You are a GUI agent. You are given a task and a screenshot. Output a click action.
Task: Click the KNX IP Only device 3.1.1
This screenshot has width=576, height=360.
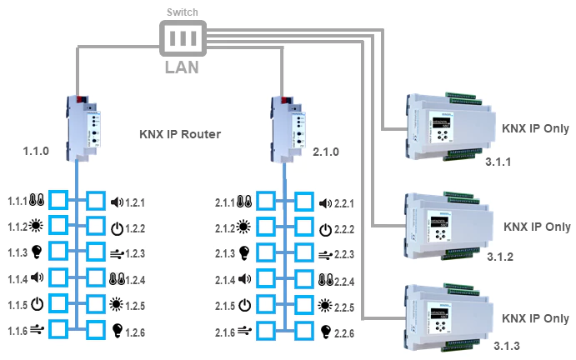coord(448,125)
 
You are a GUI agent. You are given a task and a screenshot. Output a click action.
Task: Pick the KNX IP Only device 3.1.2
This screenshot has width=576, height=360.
coord(448,222)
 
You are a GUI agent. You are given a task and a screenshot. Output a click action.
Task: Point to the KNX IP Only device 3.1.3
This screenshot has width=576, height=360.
coord(448,314)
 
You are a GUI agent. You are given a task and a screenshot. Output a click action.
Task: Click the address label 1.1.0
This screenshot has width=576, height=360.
coord(38,153)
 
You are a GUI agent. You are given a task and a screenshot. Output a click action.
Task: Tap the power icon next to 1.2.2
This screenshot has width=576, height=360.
coord(117,227)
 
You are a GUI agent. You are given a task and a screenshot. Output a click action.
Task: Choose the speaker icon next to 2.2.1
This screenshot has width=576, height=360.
coord(326,202)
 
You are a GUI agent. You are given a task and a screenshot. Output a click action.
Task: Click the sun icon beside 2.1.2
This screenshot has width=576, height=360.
coord(243,227)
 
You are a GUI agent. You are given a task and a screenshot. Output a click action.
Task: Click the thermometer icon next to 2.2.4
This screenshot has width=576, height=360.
coord(326,278)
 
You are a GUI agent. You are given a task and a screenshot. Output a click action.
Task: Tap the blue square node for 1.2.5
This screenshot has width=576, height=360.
coord(97,303)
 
